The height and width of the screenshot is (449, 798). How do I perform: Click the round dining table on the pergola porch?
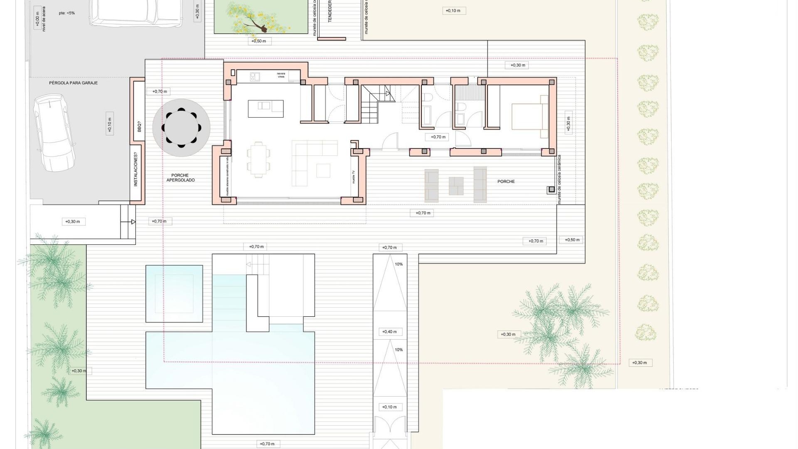click(x=181, y=128)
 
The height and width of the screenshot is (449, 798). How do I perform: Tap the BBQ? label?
click(x=139, y=126)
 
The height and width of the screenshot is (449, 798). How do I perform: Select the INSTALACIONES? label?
click(x=135, y=170)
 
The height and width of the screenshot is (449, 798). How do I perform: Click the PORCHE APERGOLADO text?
click(x=180, y=178)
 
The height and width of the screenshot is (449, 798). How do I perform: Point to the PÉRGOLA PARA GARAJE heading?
click(x=74, y=83)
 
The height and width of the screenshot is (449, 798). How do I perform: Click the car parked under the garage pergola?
click(x=54, y=133)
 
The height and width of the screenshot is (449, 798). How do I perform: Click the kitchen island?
click(x=266, y=109)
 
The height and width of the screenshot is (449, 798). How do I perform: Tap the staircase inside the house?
click(x=376, y=104)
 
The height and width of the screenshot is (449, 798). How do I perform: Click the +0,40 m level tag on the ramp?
click(x=389, y=332)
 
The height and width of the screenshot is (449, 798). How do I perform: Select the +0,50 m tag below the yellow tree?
click(x=259, y=41)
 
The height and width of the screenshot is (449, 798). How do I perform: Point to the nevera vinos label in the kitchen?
click(x=281, y=75)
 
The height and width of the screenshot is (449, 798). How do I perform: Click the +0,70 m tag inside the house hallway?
click(x=438, y=137)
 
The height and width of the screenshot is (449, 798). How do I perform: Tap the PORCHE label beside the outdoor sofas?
click(x=506, y=182)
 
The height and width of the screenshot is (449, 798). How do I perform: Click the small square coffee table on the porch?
click(x=456, y=186)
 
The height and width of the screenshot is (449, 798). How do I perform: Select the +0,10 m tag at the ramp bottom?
click(x=389, y=407)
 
